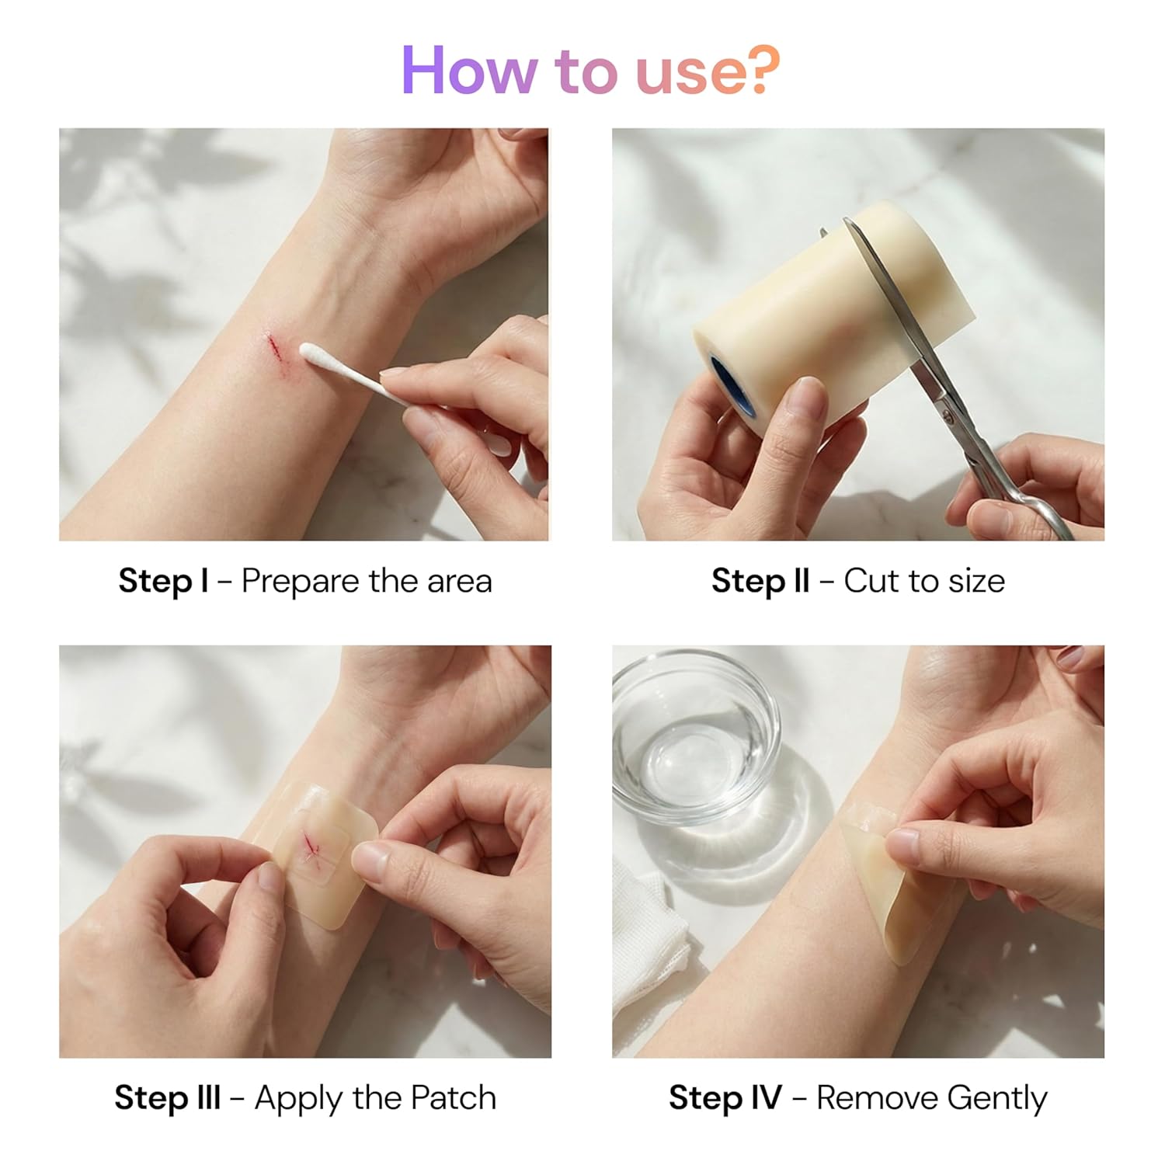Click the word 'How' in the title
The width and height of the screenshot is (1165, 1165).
pos(468,71)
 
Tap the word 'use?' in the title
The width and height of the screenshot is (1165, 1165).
pos(708,71)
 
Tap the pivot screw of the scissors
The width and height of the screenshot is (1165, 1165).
pos(948,416)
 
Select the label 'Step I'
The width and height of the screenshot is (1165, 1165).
pos(163,581)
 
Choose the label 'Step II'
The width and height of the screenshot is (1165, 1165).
pos(760,581)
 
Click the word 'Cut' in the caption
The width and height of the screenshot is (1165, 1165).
pos(871,581)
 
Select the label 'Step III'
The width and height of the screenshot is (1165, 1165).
pos(167,1098)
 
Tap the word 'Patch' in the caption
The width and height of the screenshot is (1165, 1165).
pos(453,1098)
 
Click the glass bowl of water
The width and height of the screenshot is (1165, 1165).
pos(694,734)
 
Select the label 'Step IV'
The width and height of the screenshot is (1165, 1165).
pos(725,1098)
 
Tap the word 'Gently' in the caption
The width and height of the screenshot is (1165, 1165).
pos(997,1099)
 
